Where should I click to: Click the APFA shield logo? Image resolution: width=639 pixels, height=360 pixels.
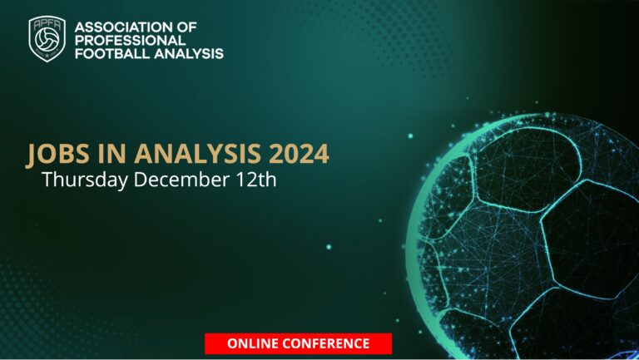click(x=47, y=40)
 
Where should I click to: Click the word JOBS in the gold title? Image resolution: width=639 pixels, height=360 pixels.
click(x=54, y=154)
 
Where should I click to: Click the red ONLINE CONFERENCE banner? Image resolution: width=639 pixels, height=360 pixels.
click(x=298, y=343)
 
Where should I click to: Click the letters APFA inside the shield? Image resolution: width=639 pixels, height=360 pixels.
click(x=47, y=27)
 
